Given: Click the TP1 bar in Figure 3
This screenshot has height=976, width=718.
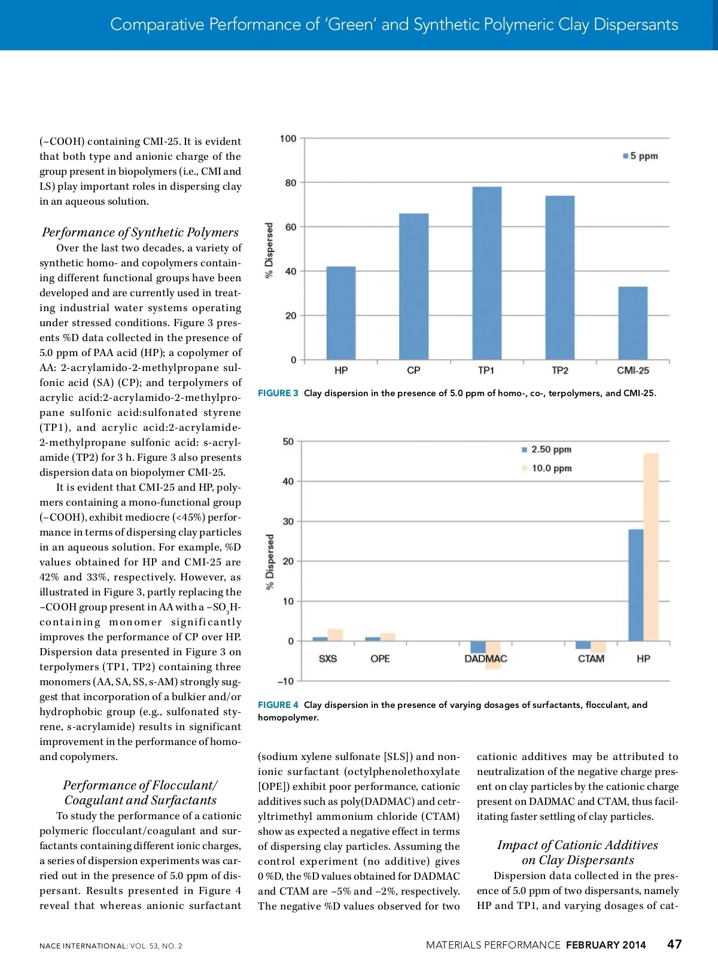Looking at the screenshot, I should point(487,273).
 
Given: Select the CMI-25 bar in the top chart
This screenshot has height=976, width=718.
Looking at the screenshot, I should point(632,323).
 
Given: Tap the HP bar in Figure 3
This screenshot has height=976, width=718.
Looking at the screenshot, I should point(341,313).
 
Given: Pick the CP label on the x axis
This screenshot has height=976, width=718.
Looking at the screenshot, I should point(413,370).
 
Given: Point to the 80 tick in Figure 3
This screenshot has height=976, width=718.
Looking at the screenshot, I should point(290,183).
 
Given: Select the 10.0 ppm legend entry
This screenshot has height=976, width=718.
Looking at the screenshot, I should point(547,468).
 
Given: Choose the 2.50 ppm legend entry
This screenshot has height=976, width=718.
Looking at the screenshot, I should point(547,449).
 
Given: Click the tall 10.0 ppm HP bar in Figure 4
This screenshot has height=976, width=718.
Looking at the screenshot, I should point(651,547).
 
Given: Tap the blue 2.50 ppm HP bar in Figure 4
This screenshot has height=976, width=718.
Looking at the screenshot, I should point(636,585).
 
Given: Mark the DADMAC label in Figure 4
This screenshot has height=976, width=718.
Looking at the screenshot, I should point(486,659).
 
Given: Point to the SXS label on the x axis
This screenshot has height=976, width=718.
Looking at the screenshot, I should point(328,659).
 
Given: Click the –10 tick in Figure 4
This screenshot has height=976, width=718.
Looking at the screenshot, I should point(286,681).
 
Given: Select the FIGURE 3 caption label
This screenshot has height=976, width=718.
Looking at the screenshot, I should point(278,393).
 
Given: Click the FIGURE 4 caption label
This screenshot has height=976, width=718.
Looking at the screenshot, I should point(278,705).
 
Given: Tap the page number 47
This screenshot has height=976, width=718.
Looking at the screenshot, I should point(674,944).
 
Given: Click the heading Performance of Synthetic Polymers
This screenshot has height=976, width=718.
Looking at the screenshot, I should point(140,232).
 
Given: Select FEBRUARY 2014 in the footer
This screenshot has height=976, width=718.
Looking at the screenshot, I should point(606,945).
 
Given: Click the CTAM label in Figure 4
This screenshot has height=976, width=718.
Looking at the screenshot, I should point(591,659).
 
